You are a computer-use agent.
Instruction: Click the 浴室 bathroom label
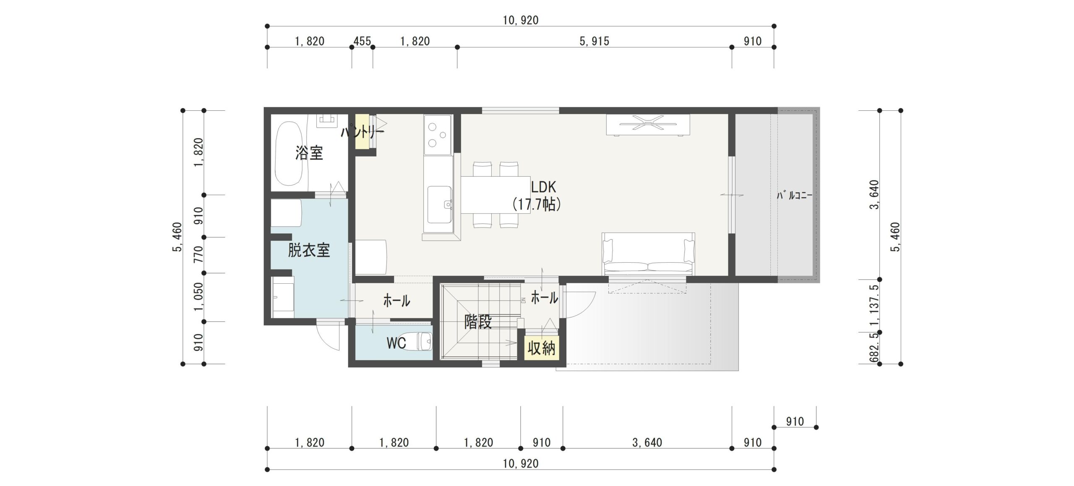click(x=309, y=153)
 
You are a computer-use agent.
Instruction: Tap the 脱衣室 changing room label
click(x=309, y=251)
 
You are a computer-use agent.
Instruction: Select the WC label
click(x=396, y=343)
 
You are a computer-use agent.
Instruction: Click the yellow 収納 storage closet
click(x=542, y=348)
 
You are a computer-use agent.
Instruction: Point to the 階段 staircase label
click(x=478, y=322)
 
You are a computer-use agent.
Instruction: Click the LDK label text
click(x=543, y=187)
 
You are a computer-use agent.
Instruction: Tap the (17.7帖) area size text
click(x=537, y=204)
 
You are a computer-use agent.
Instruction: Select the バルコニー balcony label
click(x=795, y=196)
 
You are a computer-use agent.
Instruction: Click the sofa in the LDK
click(x=648, y=254)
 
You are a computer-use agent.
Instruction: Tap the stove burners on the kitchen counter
click(x=437, y=134)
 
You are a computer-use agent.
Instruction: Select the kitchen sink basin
click(x=440, y=205)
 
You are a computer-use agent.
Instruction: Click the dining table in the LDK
click(x=495, y=195)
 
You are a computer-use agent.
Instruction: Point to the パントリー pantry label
click(x=362, y=133)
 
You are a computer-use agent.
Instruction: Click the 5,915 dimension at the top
click(x=594, y=41)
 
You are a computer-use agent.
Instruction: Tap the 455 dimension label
click(x=362, y=41)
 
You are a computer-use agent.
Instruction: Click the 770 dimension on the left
click(x=199, y=254)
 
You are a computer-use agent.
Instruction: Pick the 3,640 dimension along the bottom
click(x=647, y=442)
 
